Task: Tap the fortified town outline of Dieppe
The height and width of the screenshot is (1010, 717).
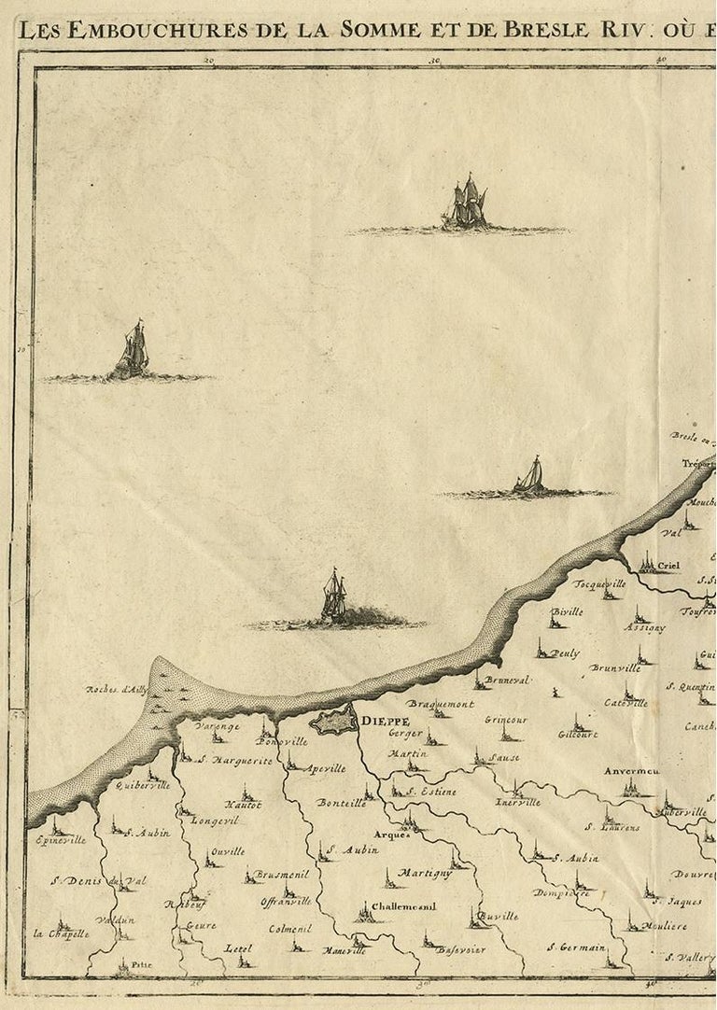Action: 333,722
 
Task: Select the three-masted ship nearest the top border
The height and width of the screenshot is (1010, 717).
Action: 466,203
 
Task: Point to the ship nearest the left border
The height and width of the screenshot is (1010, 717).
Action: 132,351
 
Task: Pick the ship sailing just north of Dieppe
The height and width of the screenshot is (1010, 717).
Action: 334,598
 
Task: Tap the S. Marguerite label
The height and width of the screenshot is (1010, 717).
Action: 234,761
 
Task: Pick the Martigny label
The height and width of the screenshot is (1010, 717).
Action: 425,873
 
